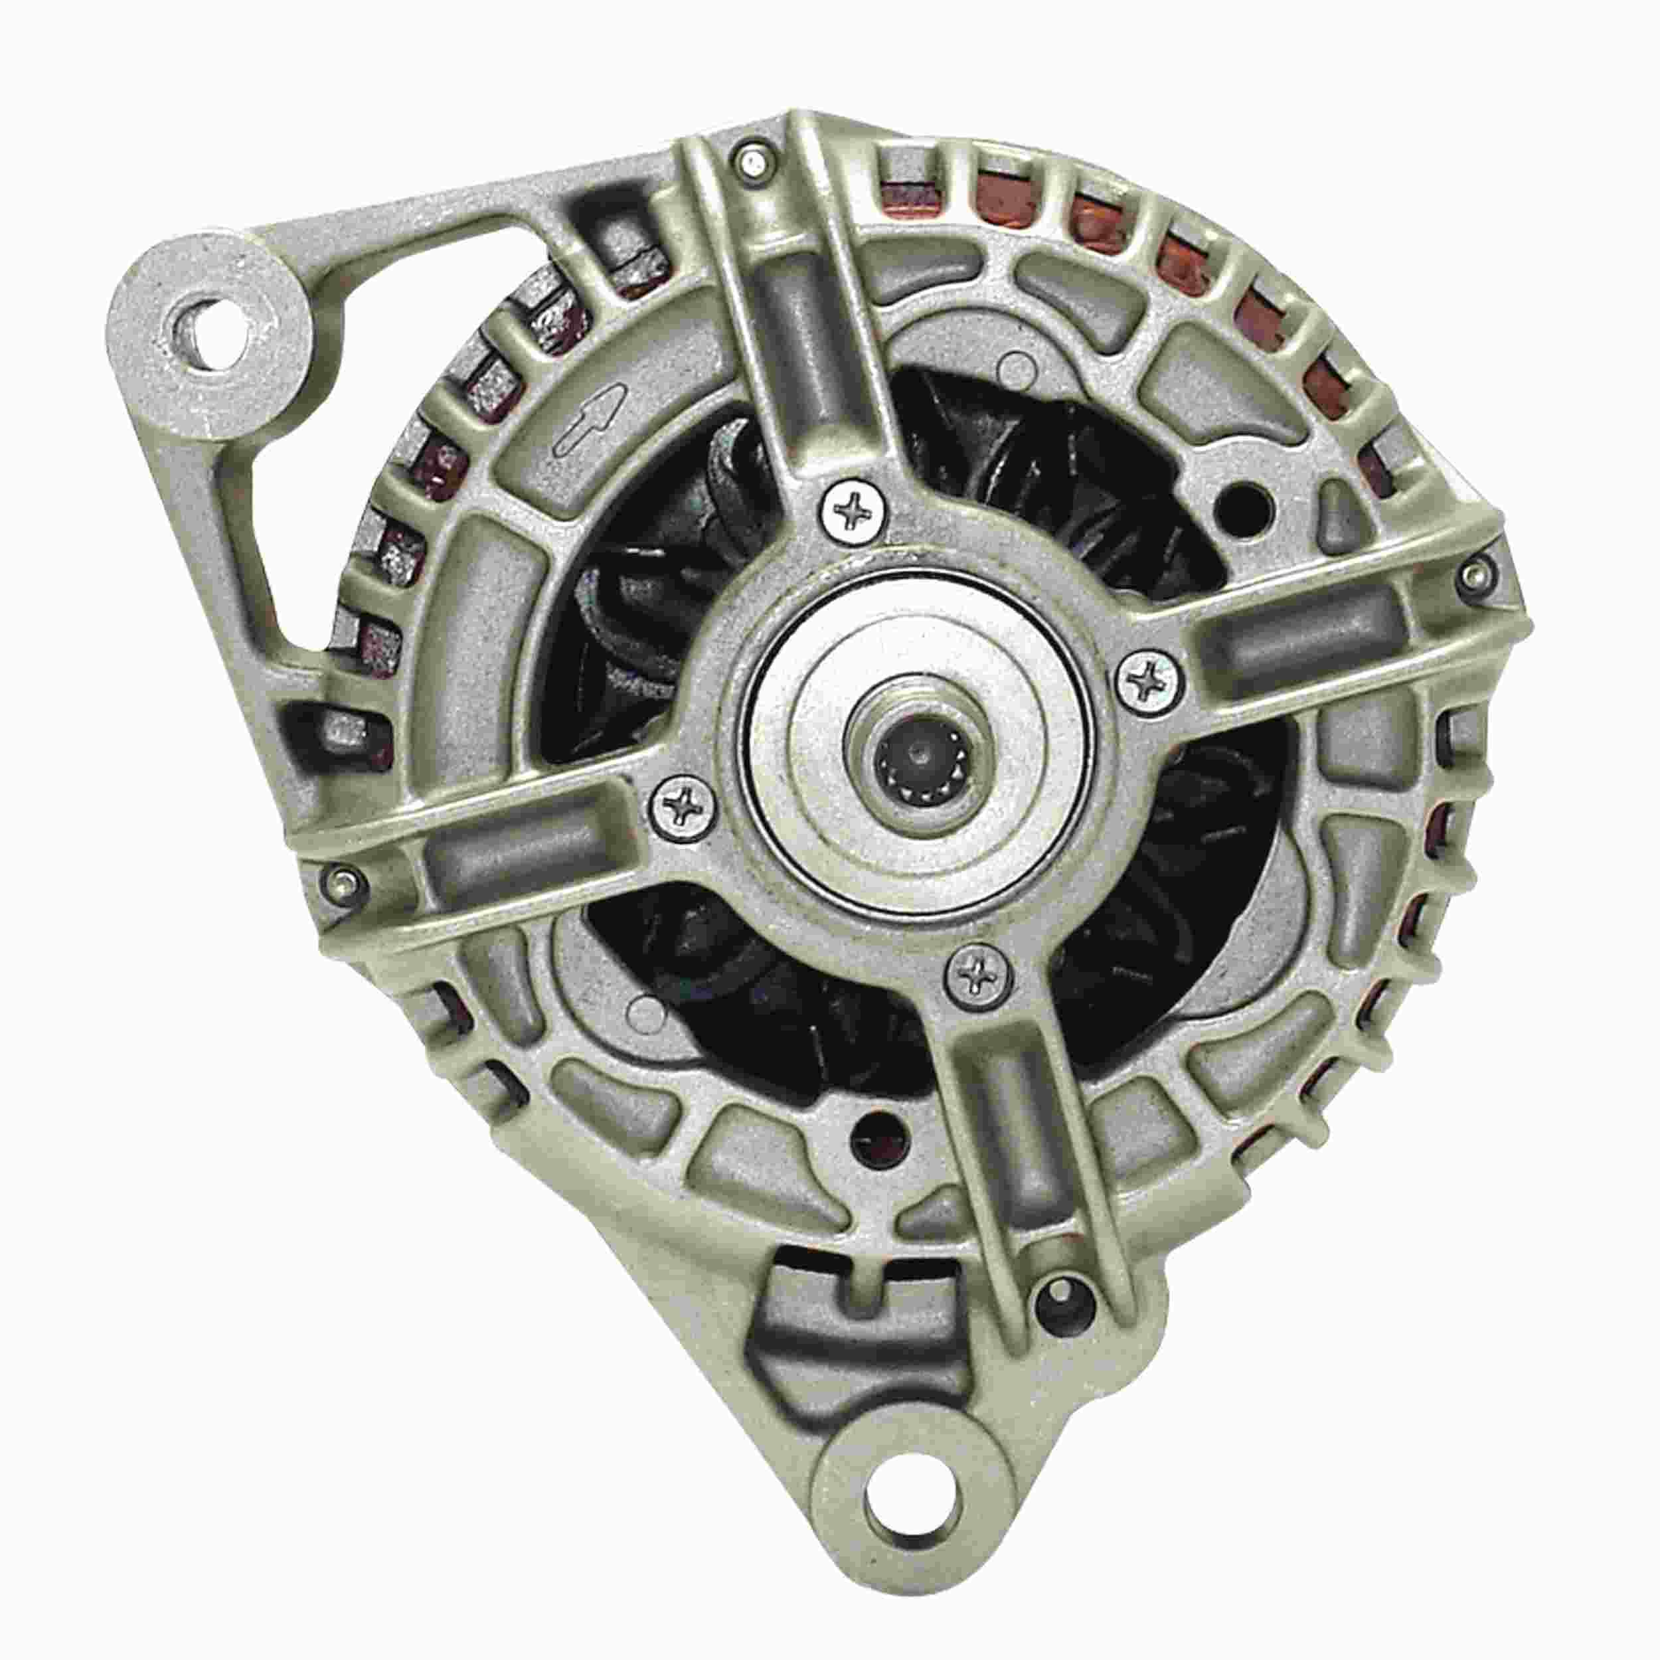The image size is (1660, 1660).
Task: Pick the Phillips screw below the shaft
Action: [x=979, y=973]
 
